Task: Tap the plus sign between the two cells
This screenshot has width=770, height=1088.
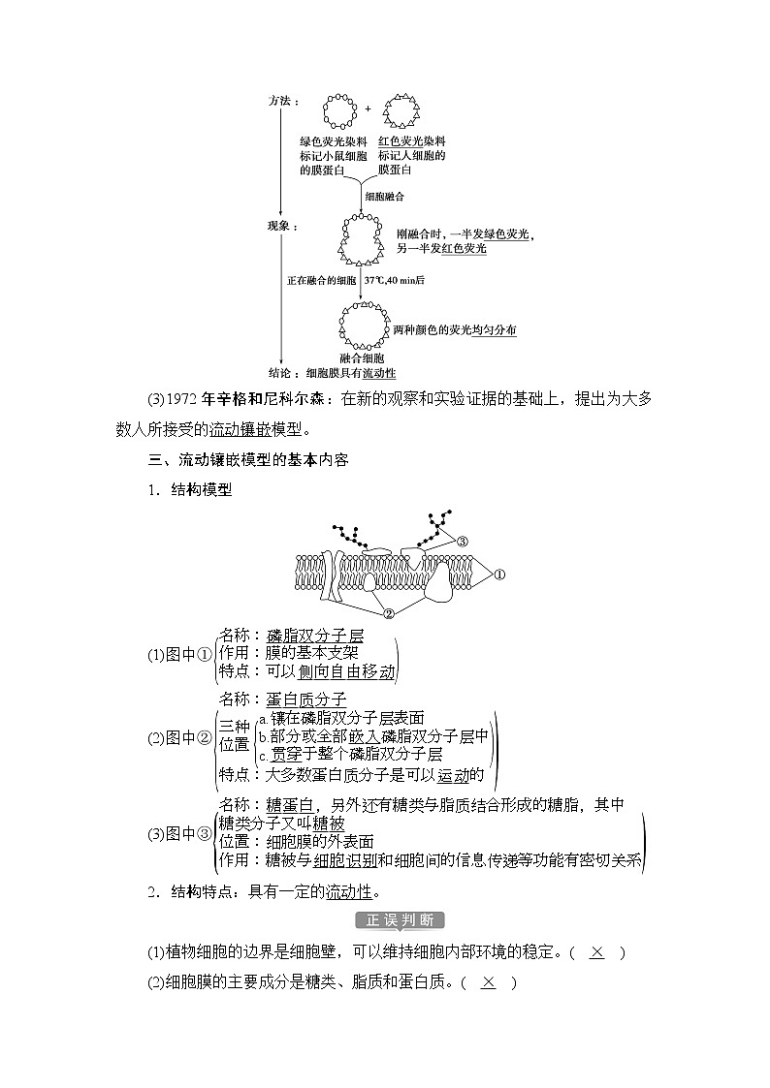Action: pos(368,109)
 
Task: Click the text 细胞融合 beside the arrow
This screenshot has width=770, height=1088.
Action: pos(384,196)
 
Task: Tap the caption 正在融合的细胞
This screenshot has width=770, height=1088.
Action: pos(321,280)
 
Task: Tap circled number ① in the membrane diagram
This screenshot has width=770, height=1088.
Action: pos(500,575)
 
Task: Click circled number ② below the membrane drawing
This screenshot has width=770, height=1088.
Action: pos(389,612)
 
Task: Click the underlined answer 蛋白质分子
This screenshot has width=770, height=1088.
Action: pos(305,699)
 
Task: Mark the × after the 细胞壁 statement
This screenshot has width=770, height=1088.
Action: pos(596,951)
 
